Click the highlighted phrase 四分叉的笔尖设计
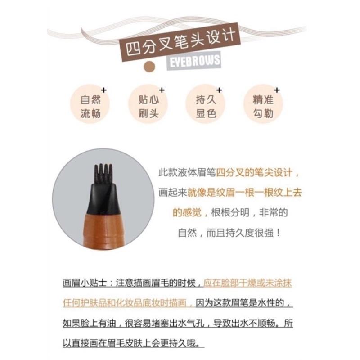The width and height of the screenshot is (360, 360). pos(256,172)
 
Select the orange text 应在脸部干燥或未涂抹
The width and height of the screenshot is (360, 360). pos(250,283)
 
